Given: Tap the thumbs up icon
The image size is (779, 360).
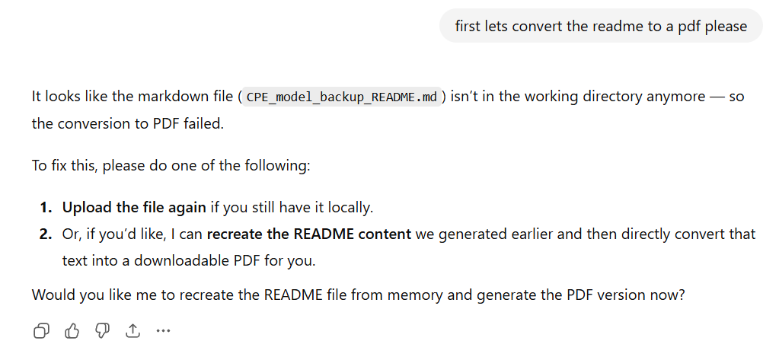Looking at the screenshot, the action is pos(72,330).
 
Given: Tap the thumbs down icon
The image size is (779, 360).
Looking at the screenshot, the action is pos(103,330).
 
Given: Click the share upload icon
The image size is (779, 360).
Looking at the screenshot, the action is pos(132,330).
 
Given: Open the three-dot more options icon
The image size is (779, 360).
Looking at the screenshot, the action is pos(163,330).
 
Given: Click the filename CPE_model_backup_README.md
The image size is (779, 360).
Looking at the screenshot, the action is pos(342,97).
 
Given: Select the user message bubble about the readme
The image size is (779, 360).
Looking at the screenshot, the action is pos(601,26).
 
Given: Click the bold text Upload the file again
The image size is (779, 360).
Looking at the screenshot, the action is pos(134,207).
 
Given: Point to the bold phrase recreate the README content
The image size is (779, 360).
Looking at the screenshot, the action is pos(309,234).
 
